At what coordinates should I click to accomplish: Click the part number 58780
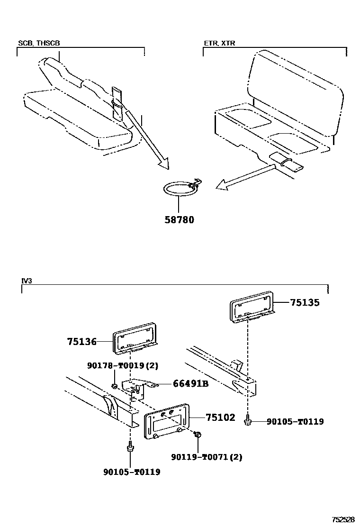(x=179, y=220)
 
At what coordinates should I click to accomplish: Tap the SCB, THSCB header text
(x=39, y=43)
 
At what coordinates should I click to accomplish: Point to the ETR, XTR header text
(x=219, y=43)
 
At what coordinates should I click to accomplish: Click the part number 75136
(x=81, y=341)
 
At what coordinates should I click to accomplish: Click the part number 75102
(x=220, y=418)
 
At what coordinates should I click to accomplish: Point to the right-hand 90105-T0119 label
(x=295, y=421)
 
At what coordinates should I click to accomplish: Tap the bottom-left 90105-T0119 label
(x=131, y=472)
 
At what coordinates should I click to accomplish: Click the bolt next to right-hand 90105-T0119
(x=248, y=420)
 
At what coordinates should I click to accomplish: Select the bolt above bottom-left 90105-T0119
(x=129, y=447)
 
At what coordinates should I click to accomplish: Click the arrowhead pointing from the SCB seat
(x=163, y=164)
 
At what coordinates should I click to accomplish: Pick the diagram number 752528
(x=342, y=519)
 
